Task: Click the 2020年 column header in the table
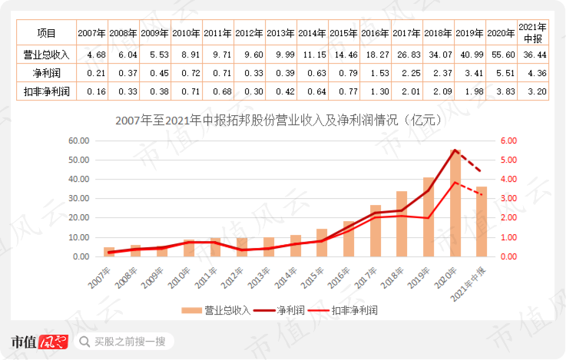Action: [x=500, y=33]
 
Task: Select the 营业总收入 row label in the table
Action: [x=46, y=54]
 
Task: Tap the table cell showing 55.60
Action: [x=500, y=54]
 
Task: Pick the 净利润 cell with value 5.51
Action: [x=500, y=74]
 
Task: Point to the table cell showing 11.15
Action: [x=311, y=54]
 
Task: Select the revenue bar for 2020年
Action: [x=455, y=204]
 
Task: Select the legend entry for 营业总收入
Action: [x=216, y=311]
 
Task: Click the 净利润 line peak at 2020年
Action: [x=455, y=150]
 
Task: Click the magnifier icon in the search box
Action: [x=88, y=342]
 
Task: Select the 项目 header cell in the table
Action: [x=46, y=33]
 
